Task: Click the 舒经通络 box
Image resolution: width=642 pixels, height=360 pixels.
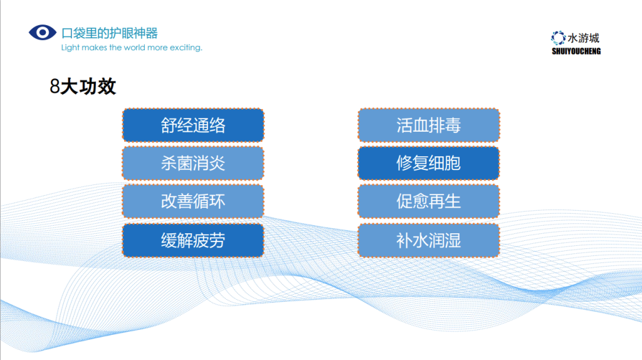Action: click(193, 125)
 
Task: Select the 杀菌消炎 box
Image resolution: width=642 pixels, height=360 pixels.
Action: click(193, 164)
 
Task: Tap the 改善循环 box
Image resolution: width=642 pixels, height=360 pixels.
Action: click(193, 201)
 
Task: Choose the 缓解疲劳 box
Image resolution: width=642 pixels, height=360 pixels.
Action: click(193, 240)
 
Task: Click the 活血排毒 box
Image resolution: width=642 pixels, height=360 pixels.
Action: click(429, 125)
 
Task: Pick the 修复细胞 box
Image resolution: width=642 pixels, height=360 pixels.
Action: click(429, 164)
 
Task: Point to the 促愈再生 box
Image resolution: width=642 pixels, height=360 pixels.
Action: click(429, 201)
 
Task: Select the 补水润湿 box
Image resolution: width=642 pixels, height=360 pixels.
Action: click(429, 240)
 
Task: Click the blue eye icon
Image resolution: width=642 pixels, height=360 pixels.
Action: click(43, 33)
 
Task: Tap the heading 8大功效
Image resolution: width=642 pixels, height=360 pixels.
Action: click(83, 87)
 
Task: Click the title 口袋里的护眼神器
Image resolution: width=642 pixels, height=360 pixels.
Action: click(109, 33)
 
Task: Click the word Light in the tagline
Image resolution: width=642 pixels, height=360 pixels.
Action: click(70, 48)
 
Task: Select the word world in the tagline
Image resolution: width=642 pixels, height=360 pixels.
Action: click(134, 48)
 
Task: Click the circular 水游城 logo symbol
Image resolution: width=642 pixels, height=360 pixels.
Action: click(558, 38)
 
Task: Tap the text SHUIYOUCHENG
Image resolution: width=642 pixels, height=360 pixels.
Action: click(576, 51)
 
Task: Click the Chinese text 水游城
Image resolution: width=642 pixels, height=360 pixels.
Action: click(584, 38)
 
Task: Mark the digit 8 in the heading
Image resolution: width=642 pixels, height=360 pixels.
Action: click(55, 87)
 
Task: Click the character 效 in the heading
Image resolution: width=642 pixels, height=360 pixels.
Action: click(107, 87)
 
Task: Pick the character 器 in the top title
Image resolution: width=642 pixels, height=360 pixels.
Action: click(152, 33)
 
